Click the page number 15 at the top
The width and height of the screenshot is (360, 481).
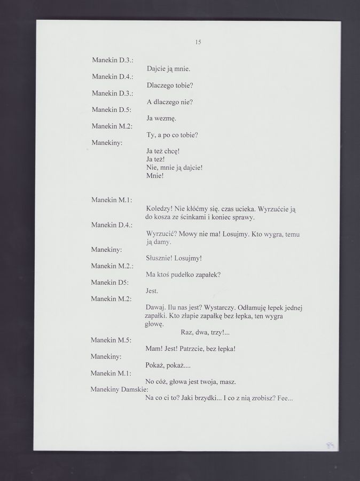click(198, 42)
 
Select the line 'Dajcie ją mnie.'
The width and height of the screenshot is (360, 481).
click(168, 69)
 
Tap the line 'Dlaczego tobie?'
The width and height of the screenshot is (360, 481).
click(170, 86)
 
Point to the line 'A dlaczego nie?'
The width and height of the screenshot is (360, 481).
click(169, 102)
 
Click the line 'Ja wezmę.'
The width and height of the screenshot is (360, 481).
click(161, 118)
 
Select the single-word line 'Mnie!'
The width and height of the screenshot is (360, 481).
click(155, 176)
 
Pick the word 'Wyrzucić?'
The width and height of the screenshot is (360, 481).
click(161, 234)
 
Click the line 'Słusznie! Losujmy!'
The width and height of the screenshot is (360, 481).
click(174, 259)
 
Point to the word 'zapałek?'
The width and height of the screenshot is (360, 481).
click(207, 275)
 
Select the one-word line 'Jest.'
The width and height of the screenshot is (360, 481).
click(152, 291)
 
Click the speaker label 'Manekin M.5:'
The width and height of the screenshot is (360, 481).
click(111, 340)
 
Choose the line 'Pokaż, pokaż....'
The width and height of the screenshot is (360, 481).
click(168, 365)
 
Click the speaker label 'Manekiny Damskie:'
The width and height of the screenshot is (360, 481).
click(119, 390)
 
